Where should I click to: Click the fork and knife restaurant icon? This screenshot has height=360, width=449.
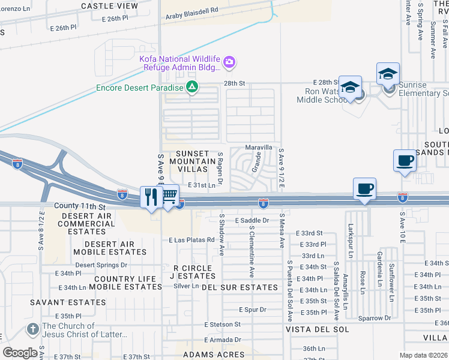[x=151, y=197]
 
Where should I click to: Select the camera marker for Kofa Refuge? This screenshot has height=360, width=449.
[x=229, y=62]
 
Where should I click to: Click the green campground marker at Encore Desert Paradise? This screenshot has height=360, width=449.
[x=191, y=88]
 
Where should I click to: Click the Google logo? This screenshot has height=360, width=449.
[x=20, y=353]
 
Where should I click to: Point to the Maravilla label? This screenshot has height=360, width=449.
[x=259, y=147]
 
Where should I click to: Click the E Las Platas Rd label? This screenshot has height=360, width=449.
[x=187, y=240]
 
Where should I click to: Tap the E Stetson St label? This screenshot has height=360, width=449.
[x=222, y=324]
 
